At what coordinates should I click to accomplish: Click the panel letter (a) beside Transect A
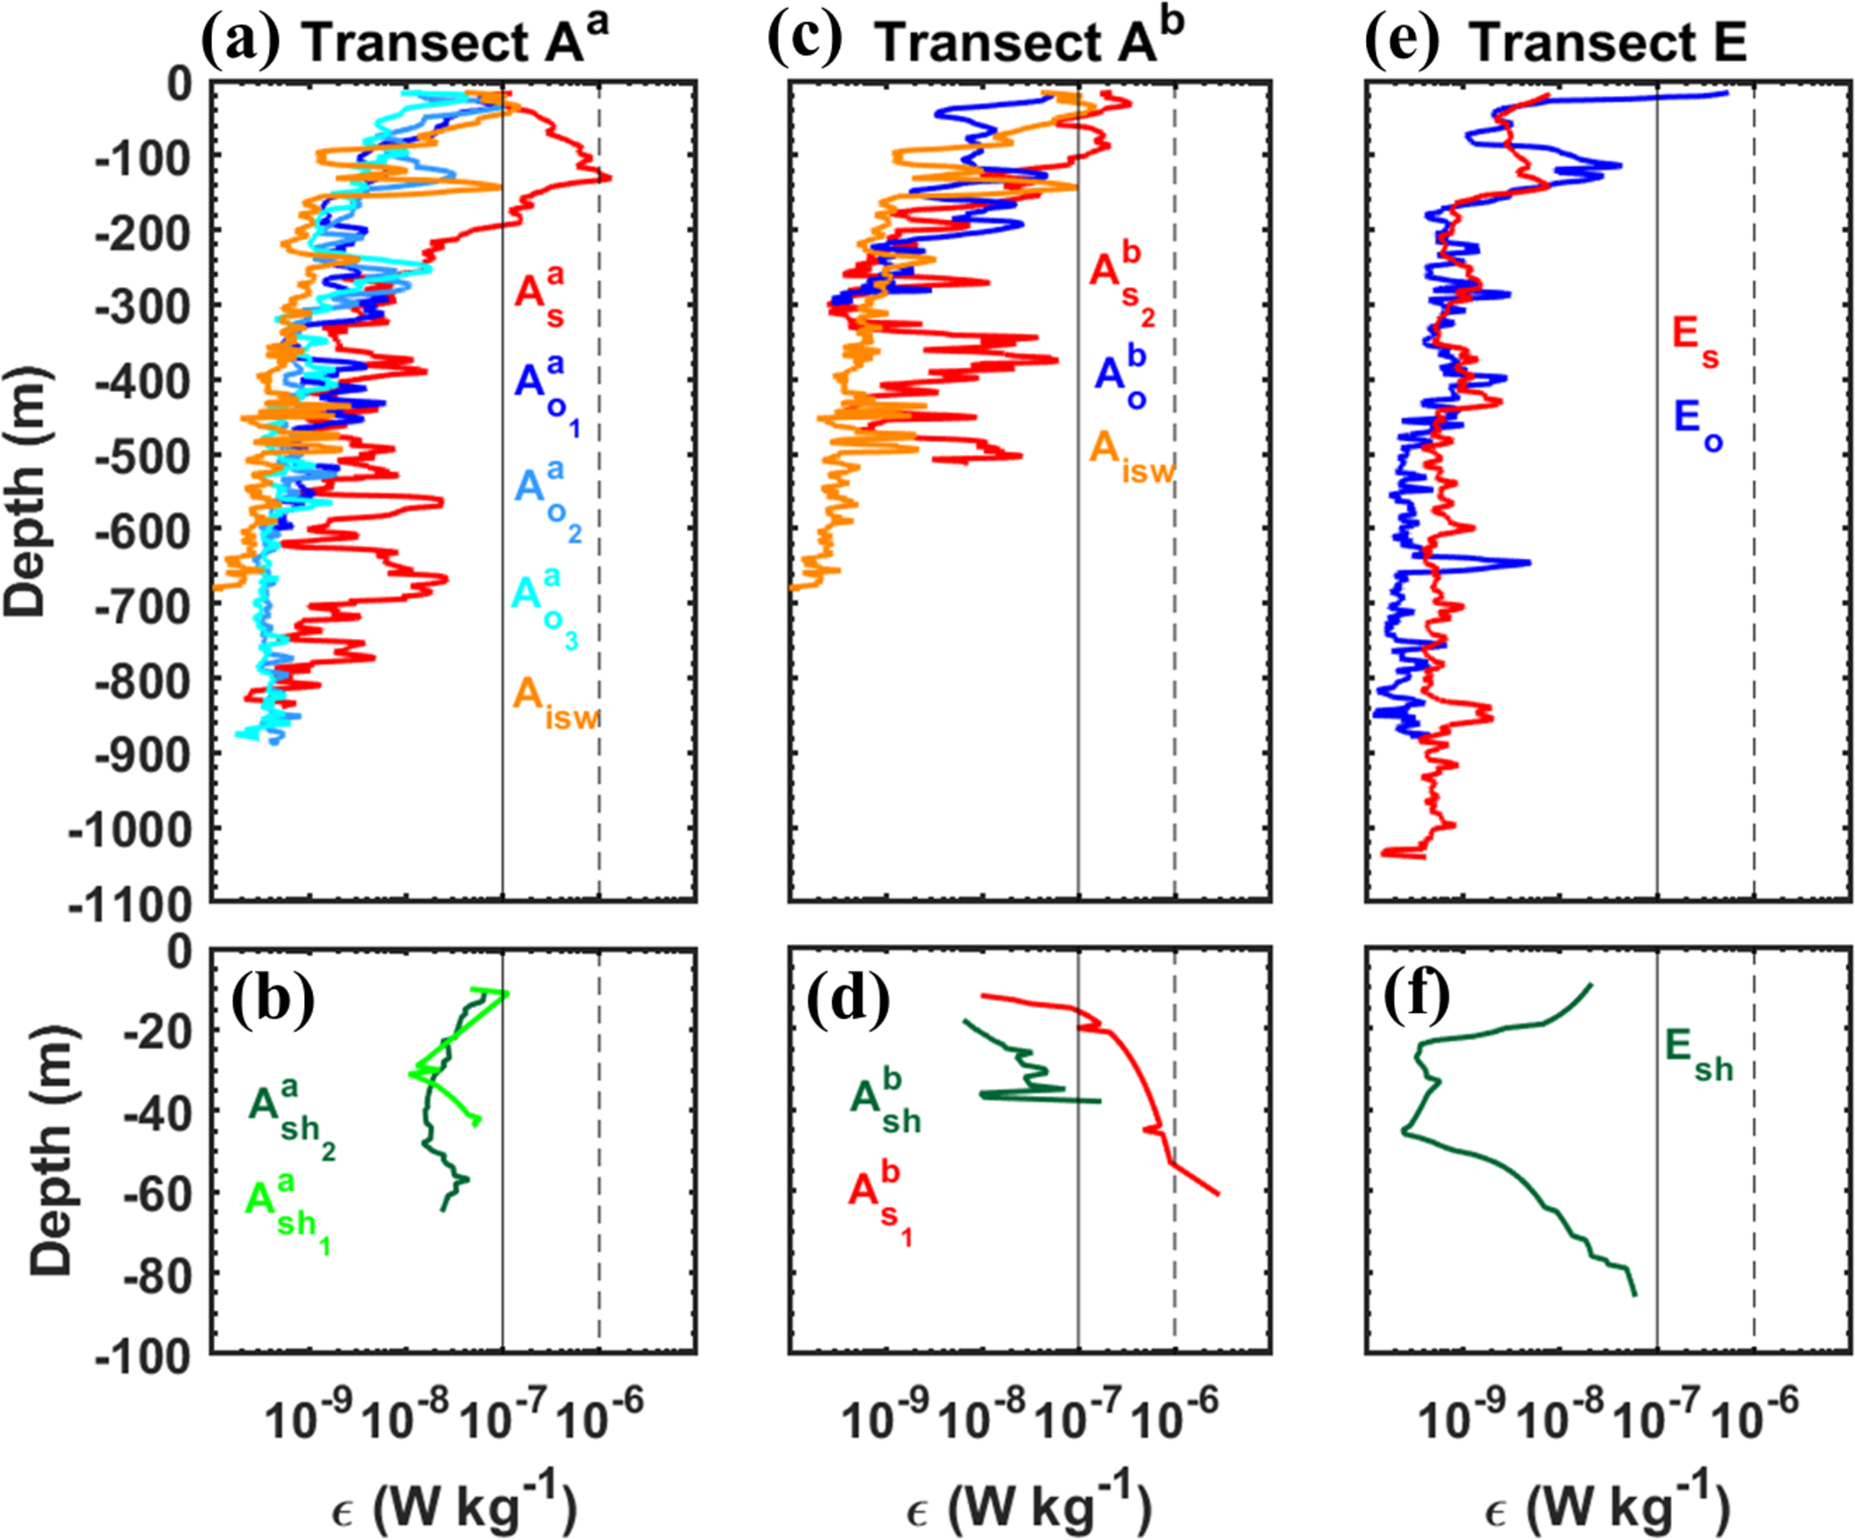240,40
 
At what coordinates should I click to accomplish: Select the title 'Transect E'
1607,42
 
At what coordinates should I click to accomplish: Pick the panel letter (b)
273,999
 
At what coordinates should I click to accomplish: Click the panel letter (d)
848,1000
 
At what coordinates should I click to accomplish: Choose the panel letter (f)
1417,999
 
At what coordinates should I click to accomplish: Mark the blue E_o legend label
1696,424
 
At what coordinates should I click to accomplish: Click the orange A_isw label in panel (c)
1131,455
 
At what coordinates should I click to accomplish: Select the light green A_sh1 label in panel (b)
287,1208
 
